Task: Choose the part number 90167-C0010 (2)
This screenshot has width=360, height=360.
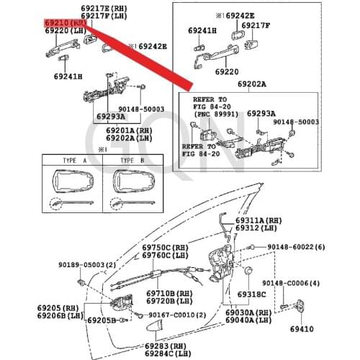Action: pyautogui.click(x=179, y=315)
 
